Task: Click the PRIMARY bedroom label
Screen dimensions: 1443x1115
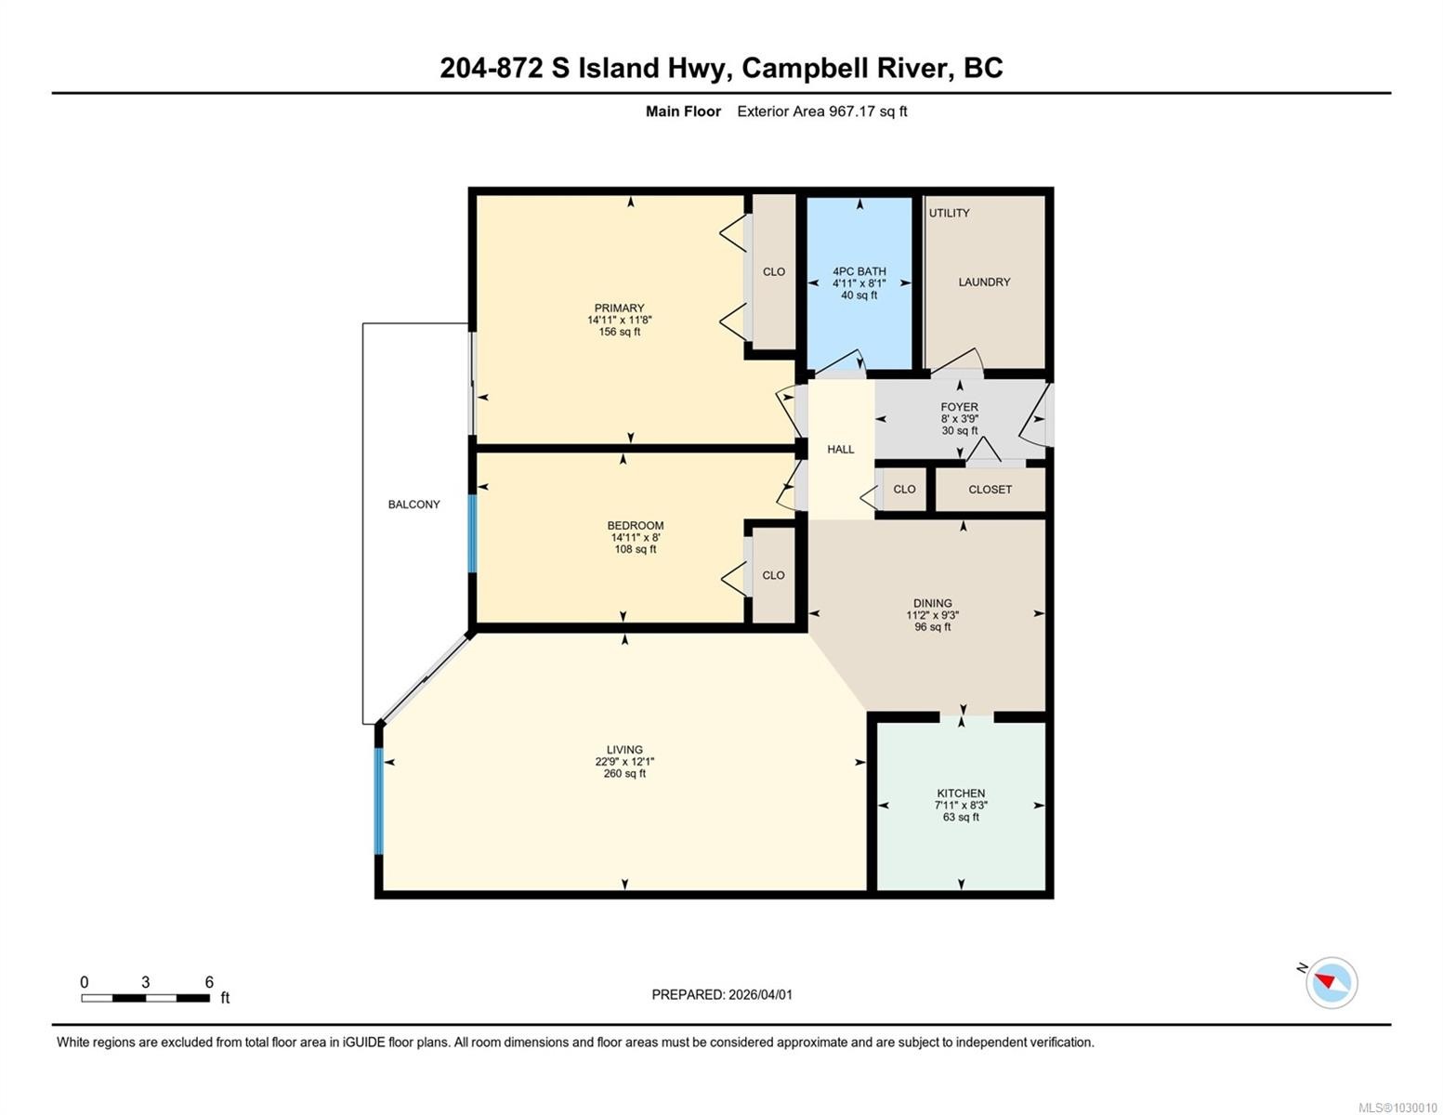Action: (x=619, y=308)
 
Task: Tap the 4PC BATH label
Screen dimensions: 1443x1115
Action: (x=859, y=271)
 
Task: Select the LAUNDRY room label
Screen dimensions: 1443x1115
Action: (x=984, y=282)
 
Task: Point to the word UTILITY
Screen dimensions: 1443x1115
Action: (x=949, y=213)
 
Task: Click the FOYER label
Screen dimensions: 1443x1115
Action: (x=960, y=407)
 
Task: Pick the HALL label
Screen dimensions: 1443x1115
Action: (x=841, y=450)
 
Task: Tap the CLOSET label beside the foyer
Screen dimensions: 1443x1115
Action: (x=990, y=490)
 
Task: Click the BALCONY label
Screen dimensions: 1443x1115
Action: (x=413, y=505)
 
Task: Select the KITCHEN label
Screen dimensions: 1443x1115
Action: (x=961, y=794)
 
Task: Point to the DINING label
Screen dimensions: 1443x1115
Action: (x=932, y=603)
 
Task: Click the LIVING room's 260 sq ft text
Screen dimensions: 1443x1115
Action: (x=624, y=774)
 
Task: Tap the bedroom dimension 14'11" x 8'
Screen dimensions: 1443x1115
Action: (x=636, y=537)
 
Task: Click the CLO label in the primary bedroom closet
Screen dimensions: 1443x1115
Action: (x=774, y=271)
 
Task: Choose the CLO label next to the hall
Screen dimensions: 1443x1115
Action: (x=904, y=490)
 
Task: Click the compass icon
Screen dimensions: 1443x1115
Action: (x=1331, y=983)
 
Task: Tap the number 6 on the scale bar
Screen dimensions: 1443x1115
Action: (x=209, y=982)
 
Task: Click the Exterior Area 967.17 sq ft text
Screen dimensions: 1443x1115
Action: (x=822, y=111)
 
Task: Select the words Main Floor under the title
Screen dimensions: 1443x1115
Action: (x=683, y=111)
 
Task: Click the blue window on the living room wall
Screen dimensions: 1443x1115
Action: (x=379, y=801)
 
